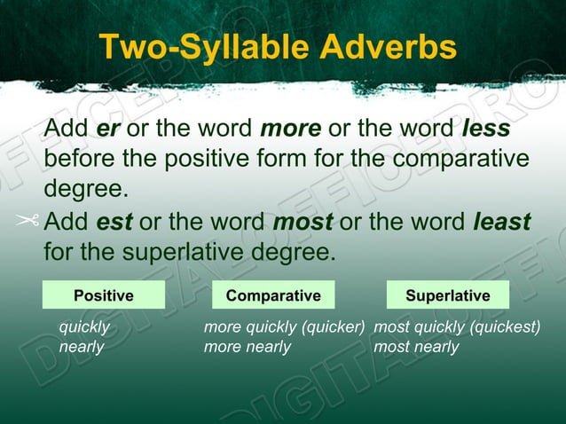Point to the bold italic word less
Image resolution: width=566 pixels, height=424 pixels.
(x=486, y=129)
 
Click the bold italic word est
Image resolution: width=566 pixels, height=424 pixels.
(x=114, y=221)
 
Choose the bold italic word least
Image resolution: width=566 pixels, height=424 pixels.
(x=502, y=221)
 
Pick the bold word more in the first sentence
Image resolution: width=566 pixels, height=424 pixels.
(x=290, y=129)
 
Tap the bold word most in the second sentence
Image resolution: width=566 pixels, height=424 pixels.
(x=303, y=221)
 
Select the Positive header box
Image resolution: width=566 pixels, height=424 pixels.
(x=103, y=295)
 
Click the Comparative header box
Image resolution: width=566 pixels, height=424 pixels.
(x=273, y=295)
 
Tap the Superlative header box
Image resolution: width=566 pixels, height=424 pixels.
(x=448, y=295)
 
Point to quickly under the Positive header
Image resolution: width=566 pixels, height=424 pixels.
(x=84, y=327)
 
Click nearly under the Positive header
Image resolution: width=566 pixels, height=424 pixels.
(x=81, y=347)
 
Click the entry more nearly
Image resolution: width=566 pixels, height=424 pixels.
(x=248, y=347)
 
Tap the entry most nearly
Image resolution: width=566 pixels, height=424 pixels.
(x=416, y=347)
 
